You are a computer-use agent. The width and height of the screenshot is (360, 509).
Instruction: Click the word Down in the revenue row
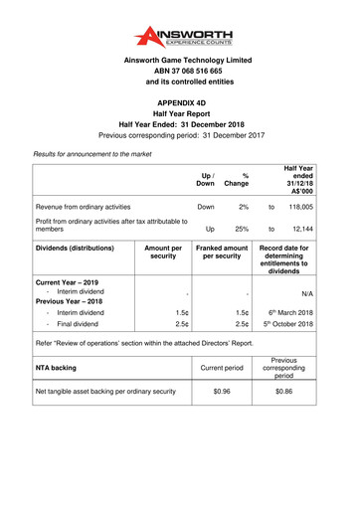pos(206,207)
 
